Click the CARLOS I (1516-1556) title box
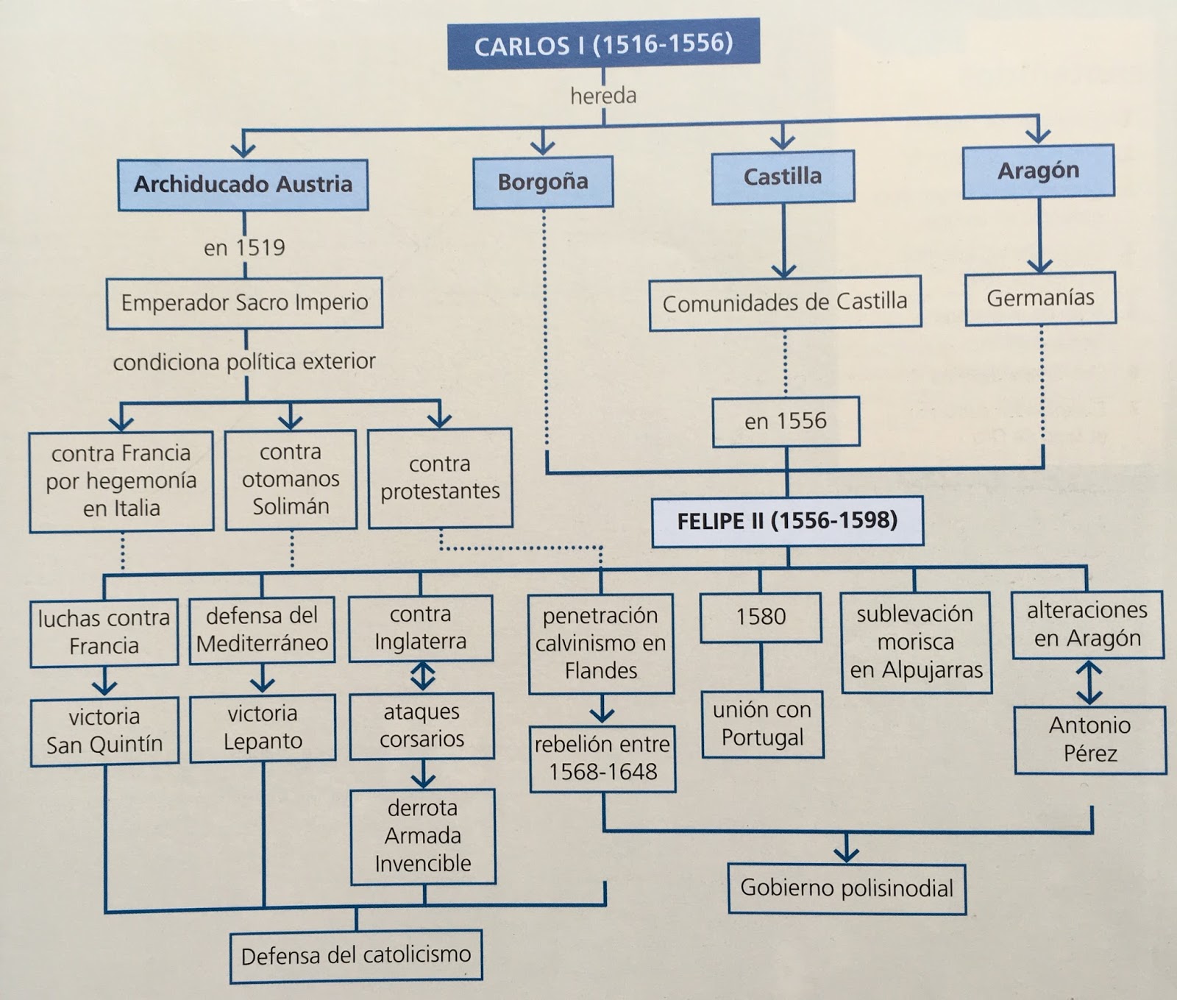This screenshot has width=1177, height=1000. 603,45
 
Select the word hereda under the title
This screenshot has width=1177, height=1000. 603,96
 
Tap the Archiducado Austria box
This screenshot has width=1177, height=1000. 243,184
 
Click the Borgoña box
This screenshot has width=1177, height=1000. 543,182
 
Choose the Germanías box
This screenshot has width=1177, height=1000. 1040,298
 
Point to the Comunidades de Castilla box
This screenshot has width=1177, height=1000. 785,302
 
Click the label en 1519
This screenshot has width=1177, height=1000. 244,247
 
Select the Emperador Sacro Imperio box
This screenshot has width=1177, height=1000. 244,302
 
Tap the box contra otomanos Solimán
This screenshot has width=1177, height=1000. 291,479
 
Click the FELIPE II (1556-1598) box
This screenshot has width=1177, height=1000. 787,521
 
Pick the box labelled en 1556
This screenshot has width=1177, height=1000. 786,421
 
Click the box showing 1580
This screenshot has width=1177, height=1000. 761,617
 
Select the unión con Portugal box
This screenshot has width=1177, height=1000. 762,723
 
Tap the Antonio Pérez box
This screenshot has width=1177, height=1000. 1090,740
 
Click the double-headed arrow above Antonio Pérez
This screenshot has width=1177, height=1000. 1089,682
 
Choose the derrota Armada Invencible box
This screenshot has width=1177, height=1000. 423,836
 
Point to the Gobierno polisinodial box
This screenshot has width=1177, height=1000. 847,888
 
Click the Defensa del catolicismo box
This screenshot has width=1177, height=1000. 356,956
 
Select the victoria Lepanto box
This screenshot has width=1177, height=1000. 263,727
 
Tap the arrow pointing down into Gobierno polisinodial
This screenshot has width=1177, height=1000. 847,850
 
